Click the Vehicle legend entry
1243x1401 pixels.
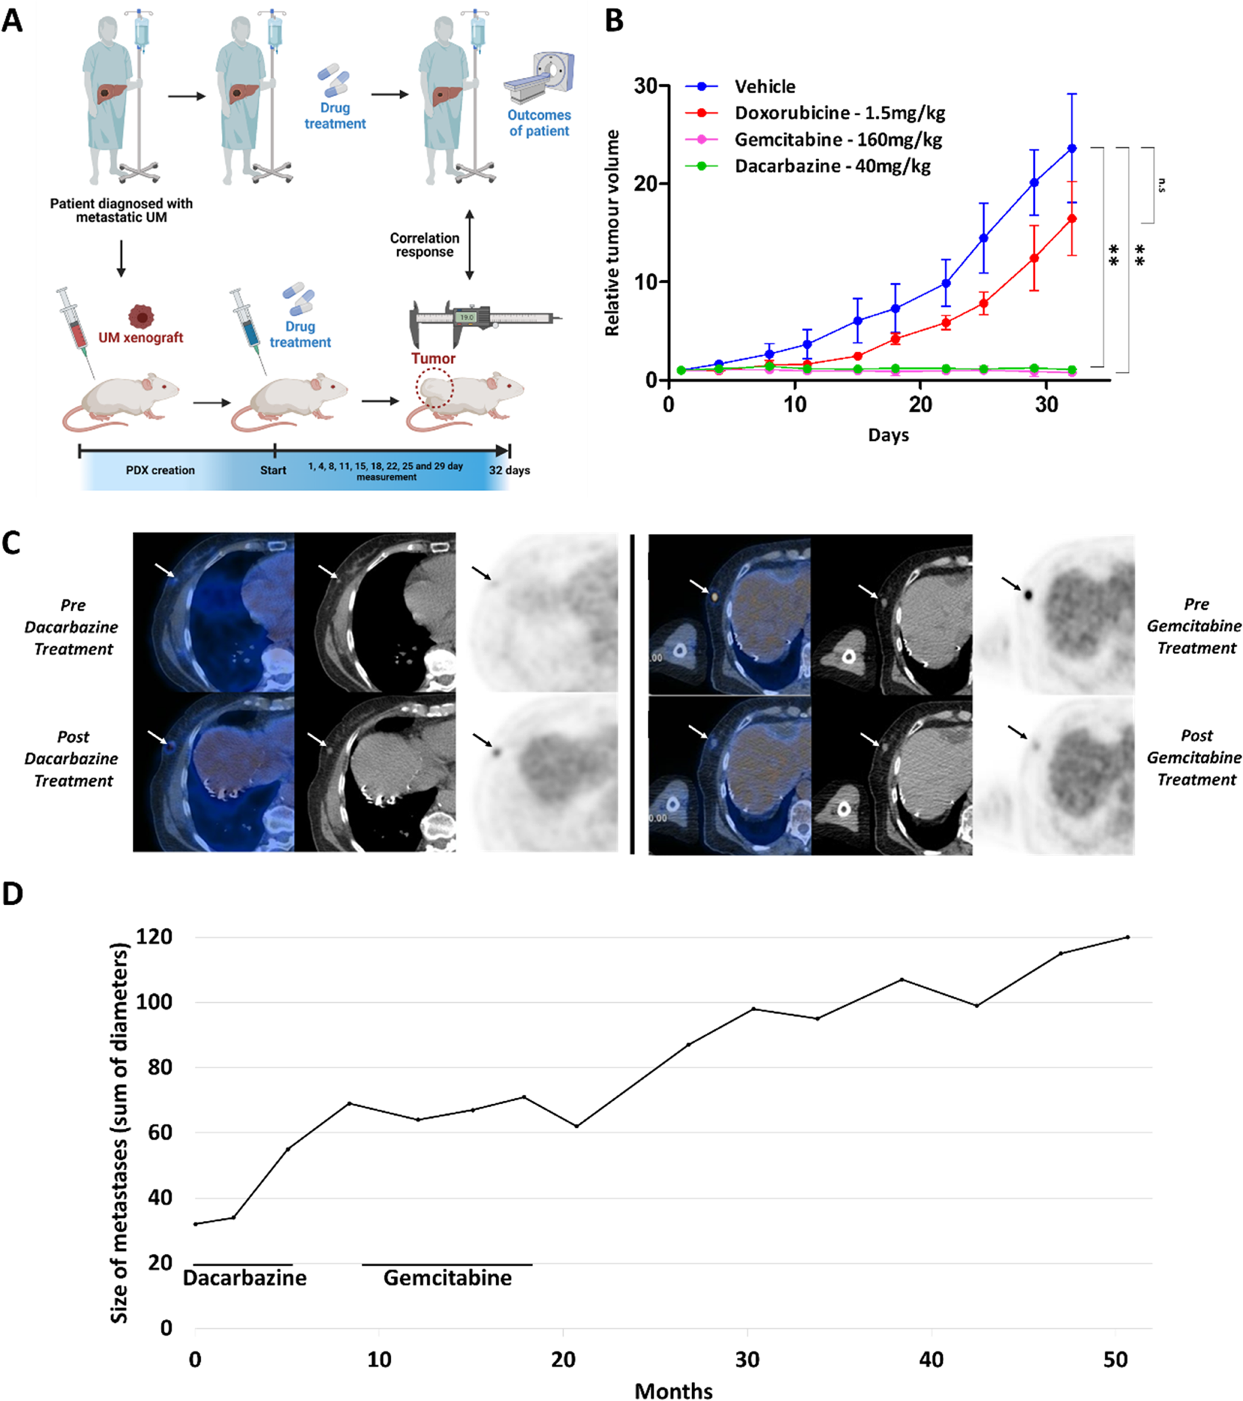[764, 86]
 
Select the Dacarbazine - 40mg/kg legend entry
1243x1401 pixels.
[832, 166]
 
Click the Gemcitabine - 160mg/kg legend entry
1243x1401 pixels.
[837, 140]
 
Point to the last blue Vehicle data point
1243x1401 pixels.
[1072, 148]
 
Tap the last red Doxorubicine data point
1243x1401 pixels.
[1072, 219]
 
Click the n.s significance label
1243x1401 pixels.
[1161, 185]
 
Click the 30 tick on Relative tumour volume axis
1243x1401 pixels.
[645, 86]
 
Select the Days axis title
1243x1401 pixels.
[888, 435]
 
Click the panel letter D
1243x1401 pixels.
[13, 895]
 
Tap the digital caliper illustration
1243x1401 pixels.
[484, 319]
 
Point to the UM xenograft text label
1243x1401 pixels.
[140, 337]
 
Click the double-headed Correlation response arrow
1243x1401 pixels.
[469, 244]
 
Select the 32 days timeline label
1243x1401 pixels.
[509, 470]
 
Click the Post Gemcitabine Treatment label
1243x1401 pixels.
[1195, 757]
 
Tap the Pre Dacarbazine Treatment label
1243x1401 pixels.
[72, 626]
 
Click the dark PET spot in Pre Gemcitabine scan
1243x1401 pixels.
[1028, 595]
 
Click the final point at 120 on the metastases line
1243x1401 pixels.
[1127, 937]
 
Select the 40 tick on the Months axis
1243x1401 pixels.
[931, 1358]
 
